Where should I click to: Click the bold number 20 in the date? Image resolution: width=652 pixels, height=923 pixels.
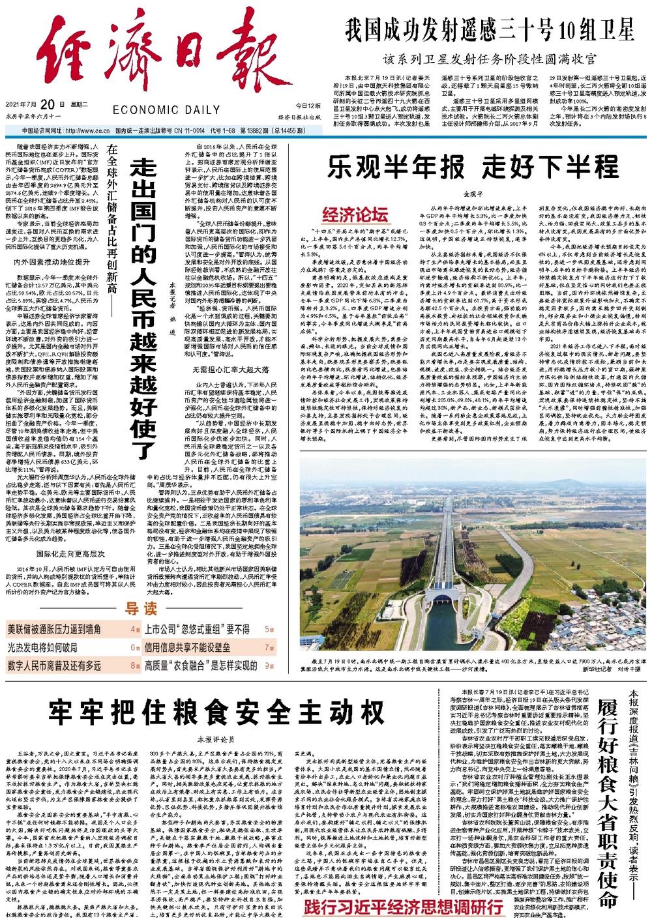pyautogui.click(x=46, y=104)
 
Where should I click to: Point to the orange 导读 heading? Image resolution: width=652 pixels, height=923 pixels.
pyautogui.click(x=141, y=609)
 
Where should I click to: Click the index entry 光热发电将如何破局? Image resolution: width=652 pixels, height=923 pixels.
pyautogui.click(x=42, y=647)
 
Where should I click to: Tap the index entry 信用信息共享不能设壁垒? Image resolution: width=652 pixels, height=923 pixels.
pyautogui.click(x=196, y=647)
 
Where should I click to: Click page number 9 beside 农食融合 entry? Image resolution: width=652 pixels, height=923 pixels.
pyautogui.click(x=269, y=666)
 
